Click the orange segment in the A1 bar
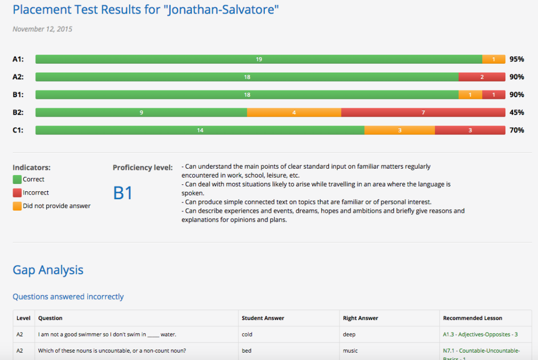493,59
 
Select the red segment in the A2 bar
482,77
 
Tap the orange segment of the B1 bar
470,95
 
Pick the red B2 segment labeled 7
423,112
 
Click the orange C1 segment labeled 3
399,130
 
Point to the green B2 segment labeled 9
141,112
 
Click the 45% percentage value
516,112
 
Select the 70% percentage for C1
516,130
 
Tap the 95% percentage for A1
516,59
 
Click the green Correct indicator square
17,179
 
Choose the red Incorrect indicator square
17,193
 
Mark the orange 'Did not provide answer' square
17,206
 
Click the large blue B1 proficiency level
123,193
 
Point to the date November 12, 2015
43,29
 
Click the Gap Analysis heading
48,270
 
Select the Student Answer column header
263,318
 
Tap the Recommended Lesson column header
472,318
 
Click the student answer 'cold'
247,334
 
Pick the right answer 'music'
350,351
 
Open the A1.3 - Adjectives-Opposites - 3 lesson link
480,334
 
